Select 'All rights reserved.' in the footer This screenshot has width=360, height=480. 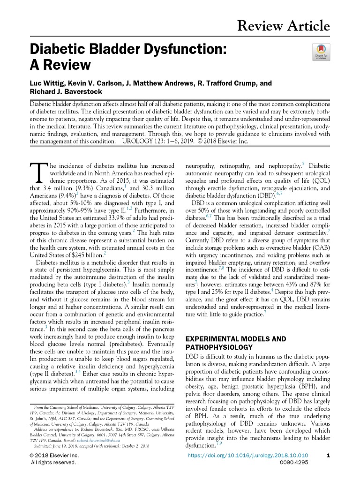tap(53, 462)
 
